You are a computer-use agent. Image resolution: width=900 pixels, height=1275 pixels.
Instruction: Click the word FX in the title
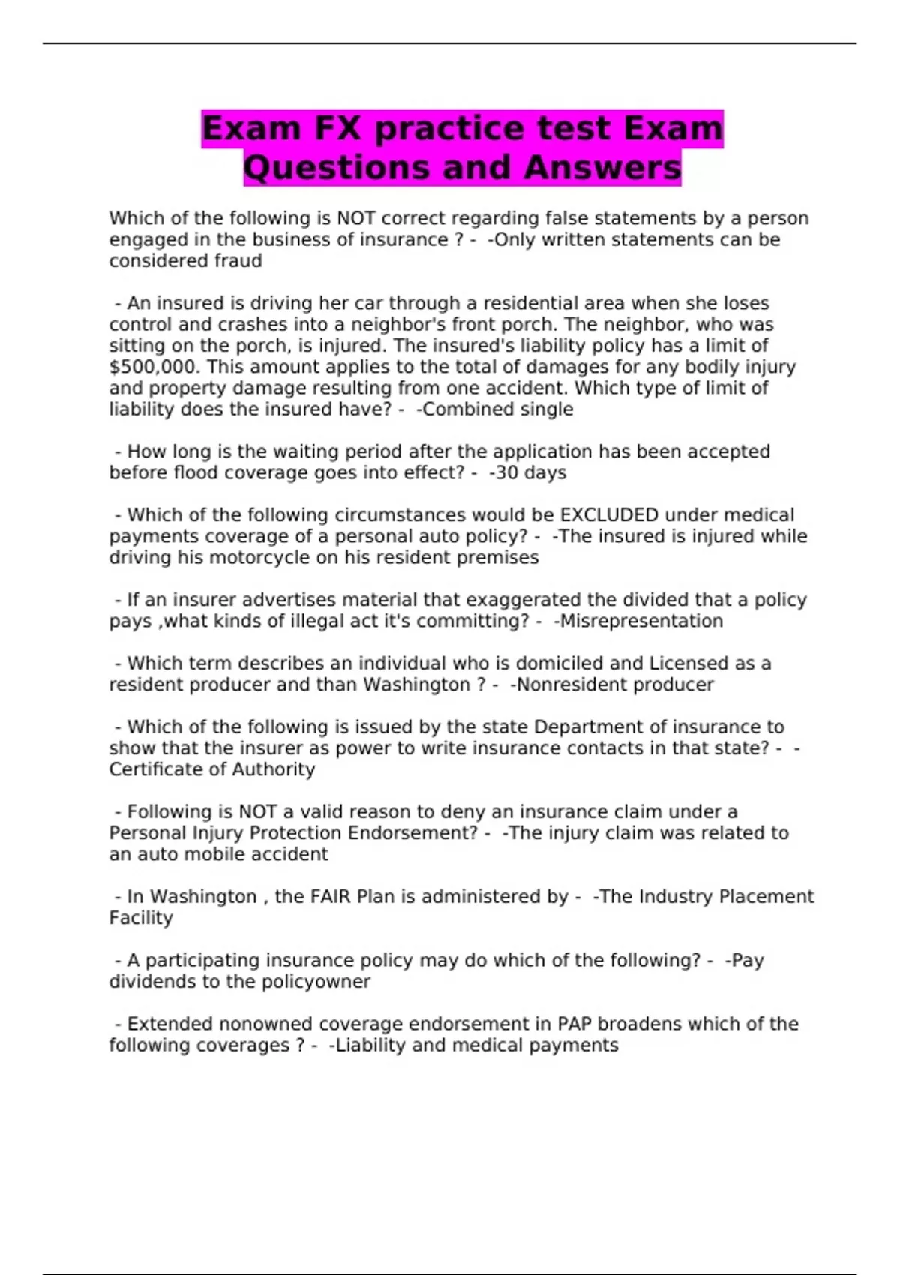click(335, 128)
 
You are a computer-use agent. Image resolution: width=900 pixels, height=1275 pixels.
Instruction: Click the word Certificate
click(154, 769)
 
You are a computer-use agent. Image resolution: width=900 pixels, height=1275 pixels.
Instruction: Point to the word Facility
click(141, 917)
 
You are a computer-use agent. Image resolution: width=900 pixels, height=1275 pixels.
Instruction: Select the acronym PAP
click(574, 1024)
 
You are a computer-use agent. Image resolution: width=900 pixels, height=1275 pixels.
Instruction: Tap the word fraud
click(238, 260)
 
